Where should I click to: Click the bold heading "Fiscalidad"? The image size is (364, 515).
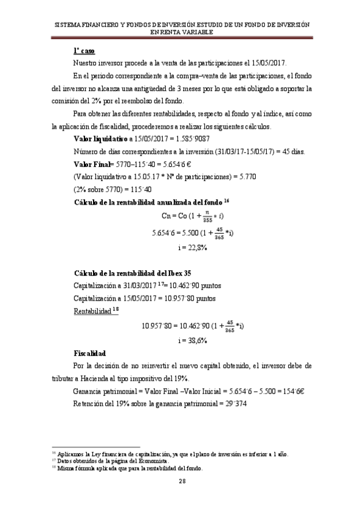click(90, 353)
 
